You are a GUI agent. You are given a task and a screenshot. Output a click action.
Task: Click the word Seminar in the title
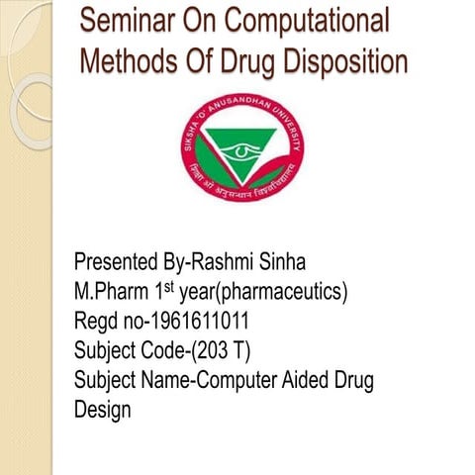[127, 21]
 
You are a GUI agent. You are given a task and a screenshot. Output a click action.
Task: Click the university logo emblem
[242, 149]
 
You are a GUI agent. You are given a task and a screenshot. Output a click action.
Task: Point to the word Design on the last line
[102, 410]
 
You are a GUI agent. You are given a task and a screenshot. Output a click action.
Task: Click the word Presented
[117, 263]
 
